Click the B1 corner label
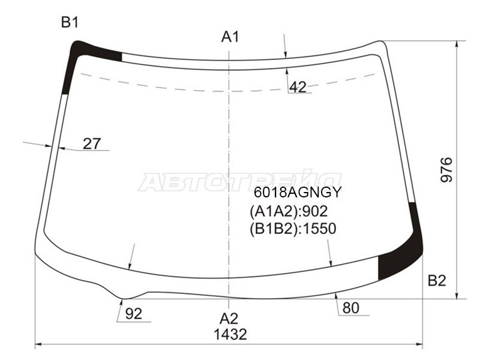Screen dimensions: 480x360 [x=70, y=22]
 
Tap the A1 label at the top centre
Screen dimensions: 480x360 [x=230, y=37]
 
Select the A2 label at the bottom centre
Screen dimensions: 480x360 [x=229, y=319]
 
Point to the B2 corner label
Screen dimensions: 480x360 [x=437, y=280]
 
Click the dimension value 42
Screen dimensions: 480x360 [x=298, y=87]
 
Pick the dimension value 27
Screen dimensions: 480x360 [x=92, y=143]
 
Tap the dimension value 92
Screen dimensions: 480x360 [x=134, y=314]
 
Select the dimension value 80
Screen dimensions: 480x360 [x=351, y=308]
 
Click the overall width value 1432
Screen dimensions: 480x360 [x=230, y=334]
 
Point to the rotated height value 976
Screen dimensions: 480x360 [x=446, y=170]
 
